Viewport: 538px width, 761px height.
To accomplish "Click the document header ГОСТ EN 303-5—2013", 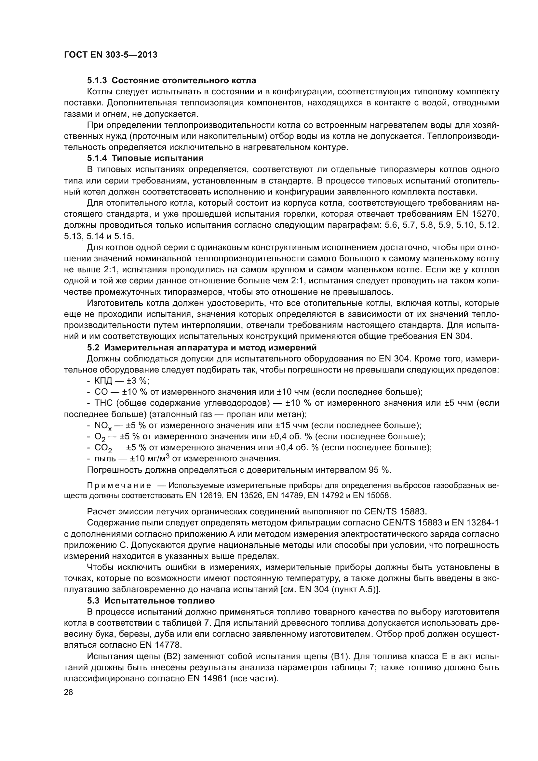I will [x=111, y=55].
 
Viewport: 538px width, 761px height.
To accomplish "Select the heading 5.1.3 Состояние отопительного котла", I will [x=171, y=81].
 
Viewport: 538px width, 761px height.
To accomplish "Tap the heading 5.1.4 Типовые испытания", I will [x=145, y=158].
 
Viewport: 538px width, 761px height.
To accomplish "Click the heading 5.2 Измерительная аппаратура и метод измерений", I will [x=202, y=347].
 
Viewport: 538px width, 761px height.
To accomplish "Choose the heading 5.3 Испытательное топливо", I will [x=151, y=601].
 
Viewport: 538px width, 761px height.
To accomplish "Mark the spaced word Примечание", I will [x=119, y=485].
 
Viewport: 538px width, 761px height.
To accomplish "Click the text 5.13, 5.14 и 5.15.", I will [x=99, y=236].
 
